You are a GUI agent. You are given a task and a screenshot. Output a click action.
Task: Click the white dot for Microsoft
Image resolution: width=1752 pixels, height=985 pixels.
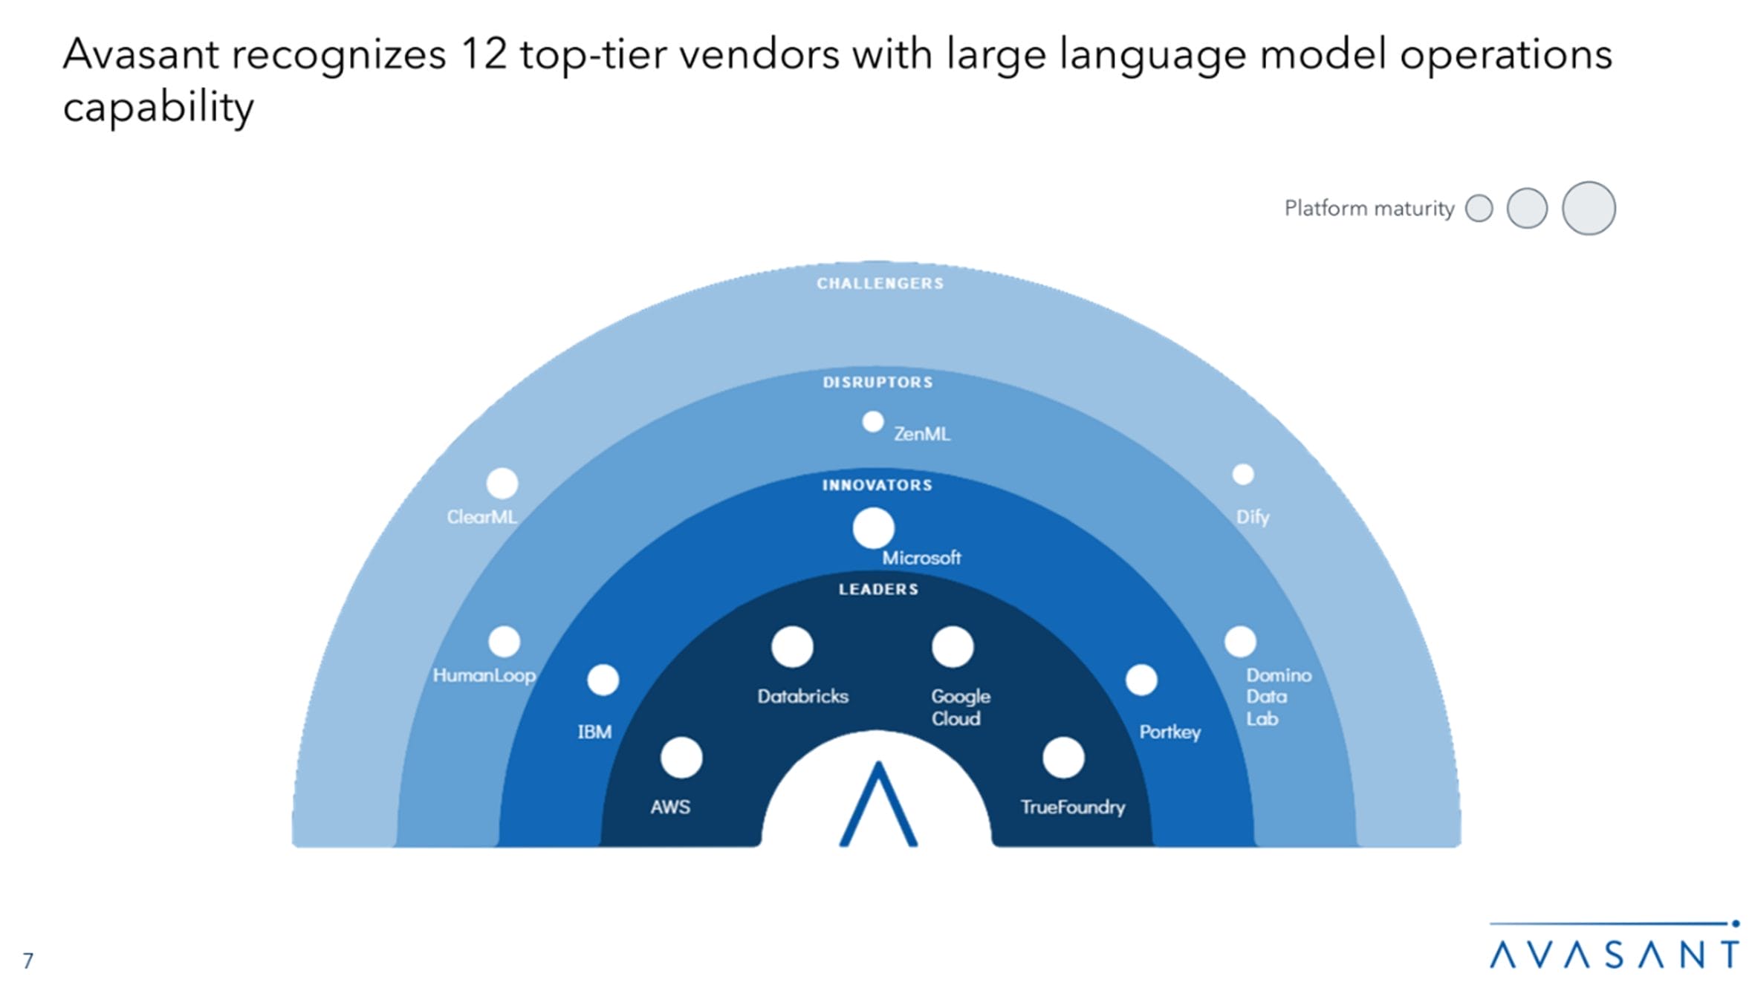coord(873,528)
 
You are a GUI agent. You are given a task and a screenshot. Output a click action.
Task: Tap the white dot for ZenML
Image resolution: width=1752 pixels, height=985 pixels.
coord(873,422)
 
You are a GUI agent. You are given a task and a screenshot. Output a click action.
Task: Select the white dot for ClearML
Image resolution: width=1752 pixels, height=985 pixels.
coord(502,484)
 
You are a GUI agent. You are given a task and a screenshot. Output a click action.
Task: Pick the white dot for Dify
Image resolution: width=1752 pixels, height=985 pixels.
coord(1243,474)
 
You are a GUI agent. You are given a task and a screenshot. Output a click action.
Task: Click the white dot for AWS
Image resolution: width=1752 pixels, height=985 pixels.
coord(681,758)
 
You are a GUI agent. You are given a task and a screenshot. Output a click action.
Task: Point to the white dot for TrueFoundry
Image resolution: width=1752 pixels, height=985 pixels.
coord(1063,758)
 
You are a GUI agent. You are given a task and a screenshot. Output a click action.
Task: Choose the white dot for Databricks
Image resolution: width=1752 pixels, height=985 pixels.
coord(792,646)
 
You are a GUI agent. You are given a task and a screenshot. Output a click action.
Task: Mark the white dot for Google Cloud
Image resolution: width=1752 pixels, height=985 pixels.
coord(953,646)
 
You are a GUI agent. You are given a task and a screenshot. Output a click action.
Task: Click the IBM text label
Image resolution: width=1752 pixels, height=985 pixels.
coord(595,732)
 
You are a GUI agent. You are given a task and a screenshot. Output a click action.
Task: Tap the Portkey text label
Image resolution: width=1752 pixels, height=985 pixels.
coord(1170,732)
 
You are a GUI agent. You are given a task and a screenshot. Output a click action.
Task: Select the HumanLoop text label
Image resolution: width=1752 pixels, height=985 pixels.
coord(484,675)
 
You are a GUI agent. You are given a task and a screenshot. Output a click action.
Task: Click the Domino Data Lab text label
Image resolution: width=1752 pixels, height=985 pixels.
coord(1278,697)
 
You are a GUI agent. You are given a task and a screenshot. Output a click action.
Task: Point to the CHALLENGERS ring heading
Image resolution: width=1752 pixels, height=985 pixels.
coord(880,284)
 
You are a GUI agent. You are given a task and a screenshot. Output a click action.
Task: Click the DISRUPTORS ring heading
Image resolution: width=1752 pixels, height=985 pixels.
coord(877,383)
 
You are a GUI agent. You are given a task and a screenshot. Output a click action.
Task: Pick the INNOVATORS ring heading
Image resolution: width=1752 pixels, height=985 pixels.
coord(877,486)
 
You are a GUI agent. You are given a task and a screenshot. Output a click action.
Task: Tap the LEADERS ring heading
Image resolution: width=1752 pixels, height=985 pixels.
coord(878,590)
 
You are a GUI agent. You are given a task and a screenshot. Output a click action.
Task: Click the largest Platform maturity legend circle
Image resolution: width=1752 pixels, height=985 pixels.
coord(1589,208)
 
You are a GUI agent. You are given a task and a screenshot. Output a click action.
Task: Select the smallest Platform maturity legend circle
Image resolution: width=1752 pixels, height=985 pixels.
coord(1479,208)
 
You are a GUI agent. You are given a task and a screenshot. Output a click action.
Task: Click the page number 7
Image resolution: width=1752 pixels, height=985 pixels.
coord(28,961)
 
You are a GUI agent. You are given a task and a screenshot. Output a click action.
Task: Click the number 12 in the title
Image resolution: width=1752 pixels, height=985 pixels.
coord(484,55)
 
